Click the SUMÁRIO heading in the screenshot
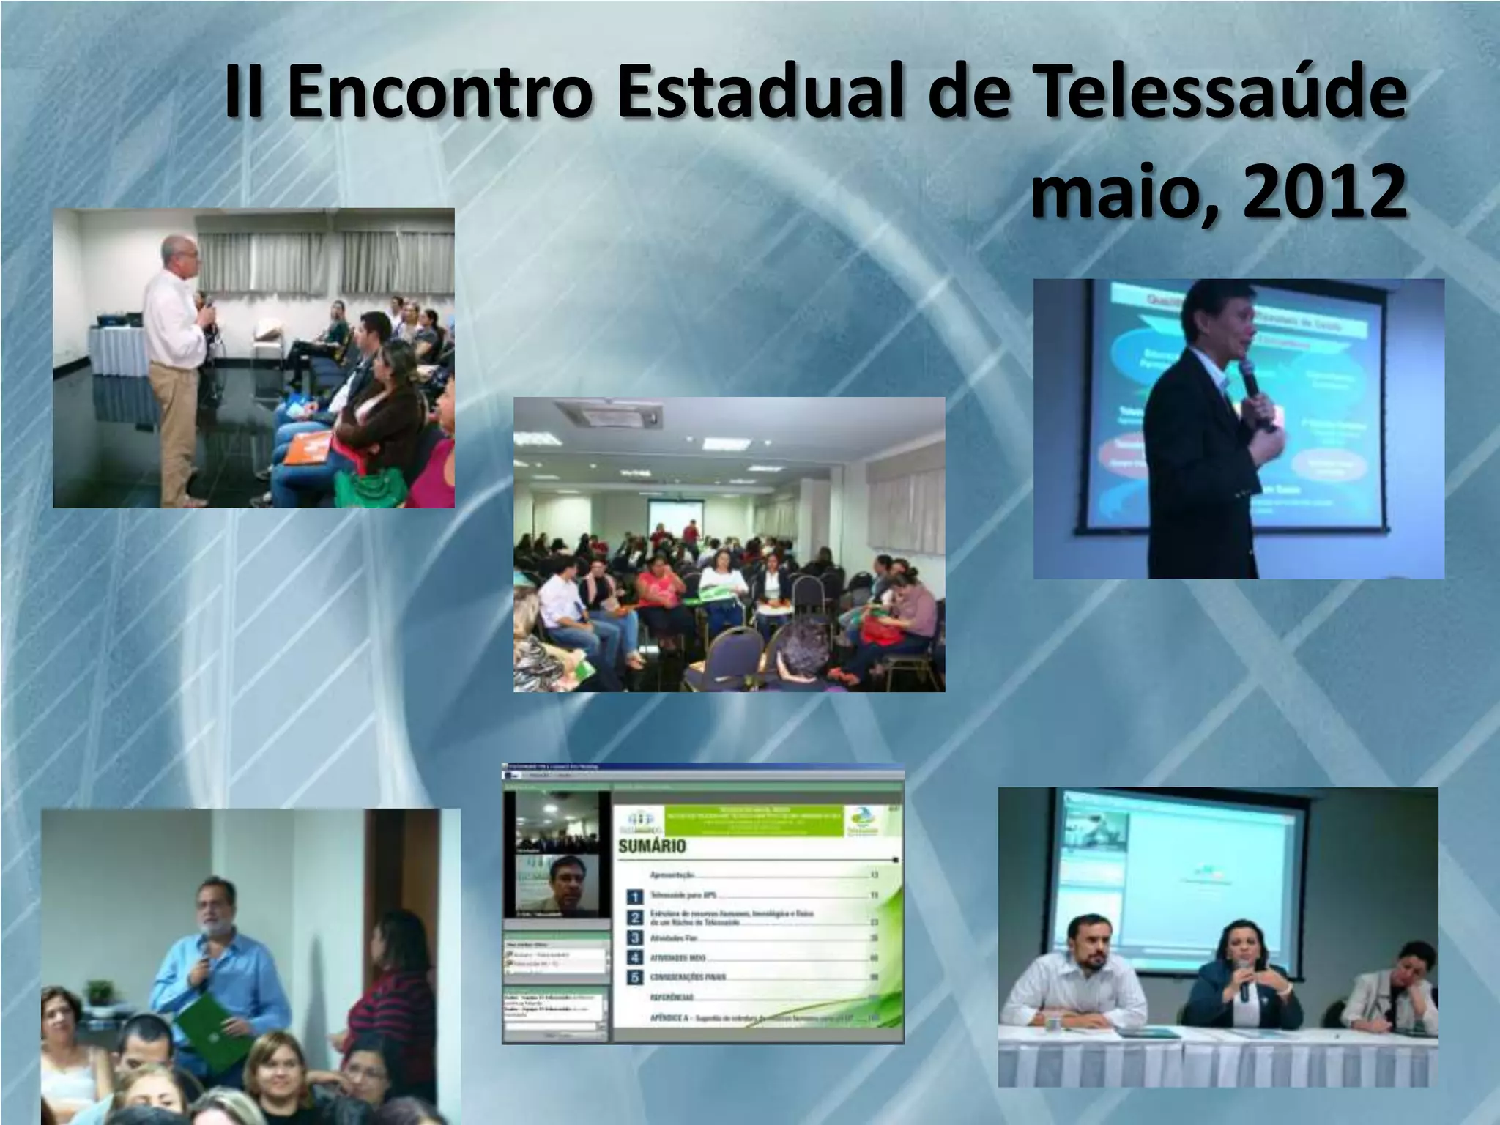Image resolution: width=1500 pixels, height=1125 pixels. (x=652, y=847)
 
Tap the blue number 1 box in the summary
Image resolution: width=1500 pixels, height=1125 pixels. (x=636, y=896)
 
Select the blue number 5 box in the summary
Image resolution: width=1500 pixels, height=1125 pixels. (x=636, y=977)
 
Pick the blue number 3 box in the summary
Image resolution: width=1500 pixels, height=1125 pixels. (x=636, y=937)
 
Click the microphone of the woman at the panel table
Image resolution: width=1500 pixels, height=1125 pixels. (x=1244, y=985)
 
